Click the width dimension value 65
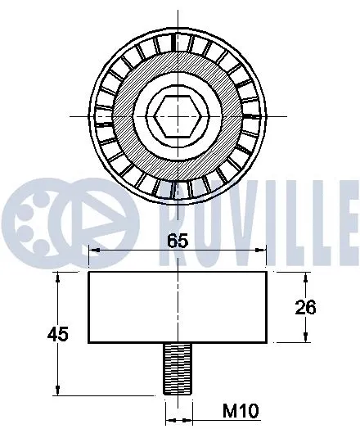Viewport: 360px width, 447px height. pos(178,242)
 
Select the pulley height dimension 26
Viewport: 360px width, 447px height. pos(305,307)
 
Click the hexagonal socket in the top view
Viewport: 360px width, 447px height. pos(178,114)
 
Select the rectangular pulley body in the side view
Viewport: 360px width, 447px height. pos(178,306)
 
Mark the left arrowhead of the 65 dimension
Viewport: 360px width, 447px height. pos(92,252)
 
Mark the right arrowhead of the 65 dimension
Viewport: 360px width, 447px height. pos(263,252)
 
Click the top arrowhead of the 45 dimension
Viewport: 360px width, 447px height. pos(58,277)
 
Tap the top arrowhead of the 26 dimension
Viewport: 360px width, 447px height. pos(306,277)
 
